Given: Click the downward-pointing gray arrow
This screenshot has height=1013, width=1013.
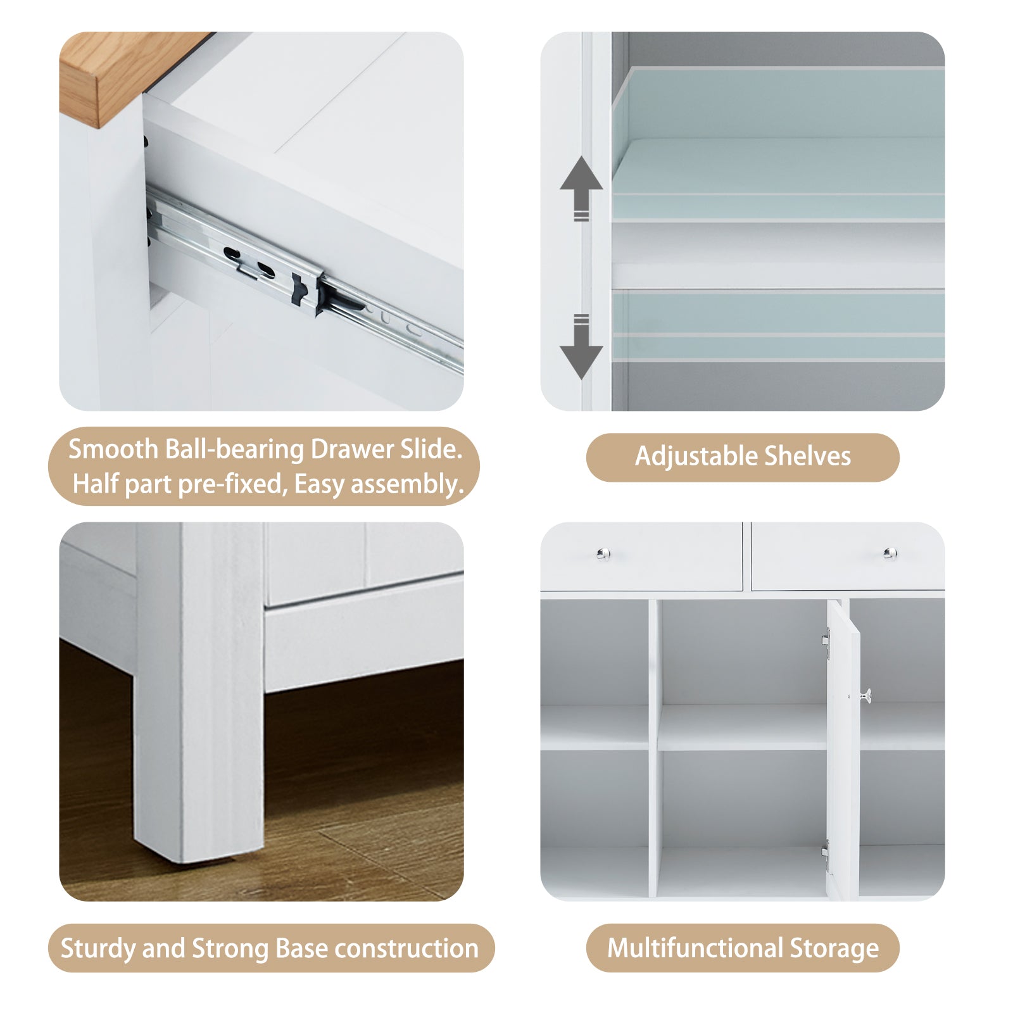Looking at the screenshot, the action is (x=581, y=346).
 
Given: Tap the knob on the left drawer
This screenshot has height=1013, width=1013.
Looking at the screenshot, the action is (x=603, y=554).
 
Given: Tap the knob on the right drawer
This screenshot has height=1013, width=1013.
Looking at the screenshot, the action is (x=890, y=554).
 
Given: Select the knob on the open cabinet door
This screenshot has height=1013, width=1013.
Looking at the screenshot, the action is (x=865, y=696).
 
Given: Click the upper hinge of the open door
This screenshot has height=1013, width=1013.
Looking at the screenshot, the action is (x=826, y=645).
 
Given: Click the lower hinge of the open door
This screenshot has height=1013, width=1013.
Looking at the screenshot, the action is (x=825, y=855).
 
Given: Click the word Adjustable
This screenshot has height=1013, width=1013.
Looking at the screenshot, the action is (x=696, y=456).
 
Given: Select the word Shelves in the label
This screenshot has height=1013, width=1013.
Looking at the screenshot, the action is (x=808, y=456).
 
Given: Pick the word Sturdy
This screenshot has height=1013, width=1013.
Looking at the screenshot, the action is (x=98, y=949).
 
